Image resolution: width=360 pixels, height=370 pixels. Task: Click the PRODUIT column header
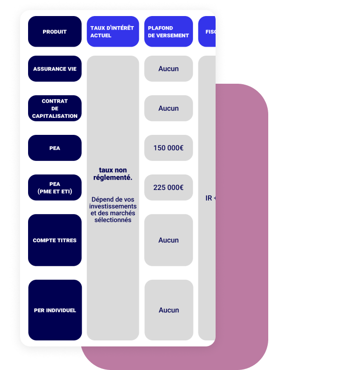coord(55,32)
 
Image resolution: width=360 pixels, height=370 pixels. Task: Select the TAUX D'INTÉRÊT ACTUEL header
coord(112,32)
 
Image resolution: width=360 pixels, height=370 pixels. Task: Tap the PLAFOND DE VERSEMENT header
coord(168,32)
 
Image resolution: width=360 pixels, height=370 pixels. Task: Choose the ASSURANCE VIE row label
coord(55,69)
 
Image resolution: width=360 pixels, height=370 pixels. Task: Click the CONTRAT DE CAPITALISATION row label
coord(55,108)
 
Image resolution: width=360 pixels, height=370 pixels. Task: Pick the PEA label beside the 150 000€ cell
coord(55,148)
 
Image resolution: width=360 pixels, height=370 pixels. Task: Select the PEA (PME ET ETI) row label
coord(55,188)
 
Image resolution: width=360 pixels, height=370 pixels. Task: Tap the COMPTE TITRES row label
coord(55,240)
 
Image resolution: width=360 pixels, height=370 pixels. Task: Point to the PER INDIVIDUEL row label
coord(55,310)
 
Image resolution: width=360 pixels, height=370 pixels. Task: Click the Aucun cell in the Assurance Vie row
coord(168,69)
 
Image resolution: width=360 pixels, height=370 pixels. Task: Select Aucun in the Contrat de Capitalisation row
coord(168,108)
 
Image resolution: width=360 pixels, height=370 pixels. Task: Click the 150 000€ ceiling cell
coord(168,148)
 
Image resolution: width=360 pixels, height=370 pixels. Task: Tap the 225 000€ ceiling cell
coord(168,188)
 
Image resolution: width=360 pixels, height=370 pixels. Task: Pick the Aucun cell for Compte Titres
coord(168,240)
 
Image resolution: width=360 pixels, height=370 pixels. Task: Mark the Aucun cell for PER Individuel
coord(168,310)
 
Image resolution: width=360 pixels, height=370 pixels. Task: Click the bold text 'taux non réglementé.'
coord(113,174)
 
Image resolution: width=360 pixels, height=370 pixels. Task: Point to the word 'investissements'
coord(113,206)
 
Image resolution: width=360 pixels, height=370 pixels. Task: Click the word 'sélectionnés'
coord(113,220)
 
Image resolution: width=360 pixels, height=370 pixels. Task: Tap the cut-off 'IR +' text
coord(210,198)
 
